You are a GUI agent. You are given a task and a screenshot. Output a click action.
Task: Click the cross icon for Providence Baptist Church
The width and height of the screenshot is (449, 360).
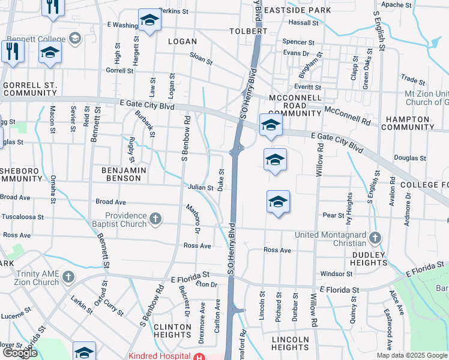pos(155,219)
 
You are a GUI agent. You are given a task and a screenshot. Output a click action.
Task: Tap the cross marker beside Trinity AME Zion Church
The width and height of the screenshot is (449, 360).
pos(68,277)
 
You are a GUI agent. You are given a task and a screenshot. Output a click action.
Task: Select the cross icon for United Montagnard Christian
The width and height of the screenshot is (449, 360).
pos(375,238)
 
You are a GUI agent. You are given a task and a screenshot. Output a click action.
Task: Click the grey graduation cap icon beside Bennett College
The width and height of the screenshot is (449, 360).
pos(75,39)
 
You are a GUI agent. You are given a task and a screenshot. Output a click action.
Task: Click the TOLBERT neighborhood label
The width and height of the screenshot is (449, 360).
pos(248,31)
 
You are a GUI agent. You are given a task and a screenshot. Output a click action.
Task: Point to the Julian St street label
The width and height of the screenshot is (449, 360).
pos(201,188)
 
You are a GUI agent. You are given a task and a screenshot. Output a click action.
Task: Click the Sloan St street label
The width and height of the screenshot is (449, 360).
pos(201,61)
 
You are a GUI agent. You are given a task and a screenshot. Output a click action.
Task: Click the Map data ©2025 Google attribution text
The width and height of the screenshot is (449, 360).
pos(411,355)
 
